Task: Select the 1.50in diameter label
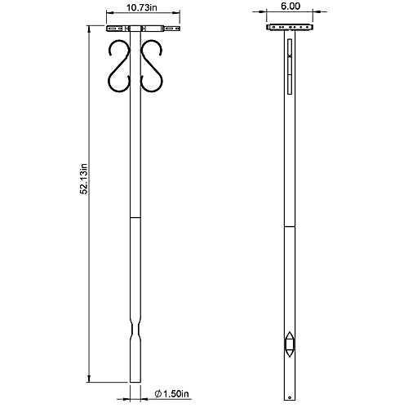pyautogui.click(x=173, y=394)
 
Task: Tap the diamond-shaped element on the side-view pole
pyautogui.click(x=289, y=344)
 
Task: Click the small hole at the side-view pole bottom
pyautogui.click(x=287, y=375)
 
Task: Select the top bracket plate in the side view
pyautogui.click(x=289, y=28)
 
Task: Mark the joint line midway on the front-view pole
pyautogui.click(x=137, y=219)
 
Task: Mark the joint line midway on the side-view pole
pyautogui.click(x=289, y=225)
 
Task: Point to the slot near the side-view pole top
pyautogui.click(x=287, y=64)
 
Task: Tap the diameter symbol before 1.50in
pyautogui.click(x=157, y=394)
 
